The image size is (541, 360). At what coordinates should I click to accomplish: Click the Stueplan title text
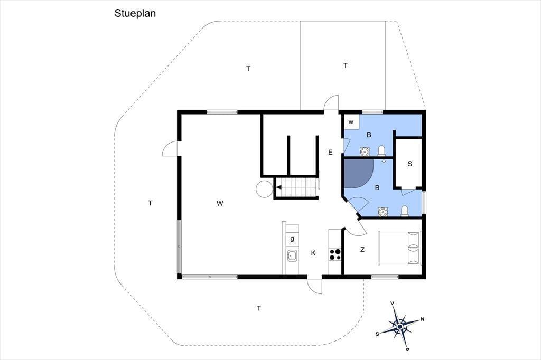tap(135, 13)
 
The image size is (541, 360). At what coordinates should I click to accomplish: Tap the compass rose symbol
tap(399, 326)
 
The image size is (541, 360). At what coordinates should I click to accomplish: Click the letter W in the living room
tap(220, 203)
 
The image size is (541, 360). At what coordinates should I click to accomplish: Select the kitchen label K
tap(313, 253)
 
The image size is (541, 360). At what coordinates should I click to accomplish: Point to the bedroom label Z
tap(362, 250)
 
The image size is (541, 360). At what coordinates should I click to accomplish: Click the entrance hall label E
tap(330, 152)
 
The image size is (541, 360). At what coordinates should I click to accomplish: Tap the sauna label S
tap(410, 164)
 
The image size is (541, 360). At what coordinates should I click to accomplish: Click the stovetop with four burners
tap(334, 254)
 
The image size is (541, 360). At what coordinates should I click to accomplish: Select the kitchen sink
tap(292, 255)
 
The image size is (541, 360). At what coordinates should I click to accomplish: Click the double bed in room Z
tap(400, 248)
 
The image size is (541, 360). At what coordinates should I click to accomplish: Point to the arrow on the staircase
tap(279, 187)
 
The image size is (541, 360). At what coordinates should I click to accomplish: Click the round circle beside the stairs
tap(264, 189)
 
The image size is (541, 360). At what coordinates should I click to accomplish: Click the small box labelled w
tap(351, 122)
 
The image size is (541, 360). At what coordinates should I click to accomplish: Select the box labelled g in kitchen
tap(292, 238)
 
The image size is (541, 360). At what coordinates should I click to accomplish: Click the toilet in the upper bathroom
tap(381, 151)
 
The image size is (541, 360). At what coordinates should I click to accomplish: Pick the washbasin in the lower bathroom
tap(383, 211)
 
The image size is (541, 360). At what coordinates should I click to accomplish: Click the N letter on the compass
tap(422, 319)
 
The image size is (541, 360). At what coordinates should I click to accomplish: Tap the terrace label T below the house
tap(259, 308)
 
